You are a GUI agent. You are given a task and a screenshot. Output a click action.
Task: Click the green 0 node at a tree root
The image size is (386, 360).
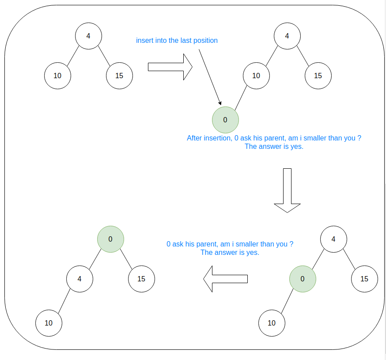pyautogui.click(x=110, y=239)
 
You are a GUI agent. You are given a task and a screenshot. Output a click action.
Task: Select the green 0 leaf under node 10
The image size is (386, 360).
pyautogui.click(x=225, y=120)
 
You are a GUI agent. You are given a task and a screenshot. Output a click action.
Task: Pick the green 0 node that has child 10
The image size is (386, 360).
pyautogui.click(x=303, y=279)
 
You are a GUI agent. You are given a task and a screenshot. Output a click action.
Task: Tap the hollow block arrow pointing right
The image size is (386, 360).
pyautogui.click(x=170, y=67)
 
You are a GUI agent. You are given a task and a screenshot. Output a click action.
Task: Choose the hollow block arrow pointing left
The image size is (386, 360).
pyautogui.click(x=225, y=279)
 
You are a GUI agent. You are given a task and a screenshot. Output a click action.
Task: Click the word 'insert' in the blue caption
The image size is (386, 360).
pyautogui.click(x=144, y=41)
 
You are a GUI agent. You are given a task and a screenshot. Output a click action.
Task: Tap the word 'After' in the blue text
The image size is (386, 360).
pyautogui.click(x=194, y=138)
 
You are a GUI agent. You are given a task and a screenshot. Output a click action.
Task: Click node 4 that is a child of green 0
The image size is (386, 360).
pyautogui.click(x=79, y=279)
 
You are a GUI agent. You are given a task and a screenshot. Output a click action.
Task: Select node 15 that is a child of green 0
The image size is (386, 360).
pyautogui.click(x=141, y=279)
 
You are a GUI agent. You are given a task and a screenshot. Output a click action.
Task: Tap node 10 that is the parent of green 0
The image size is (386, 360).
pyautogui.click(x=256, y=76)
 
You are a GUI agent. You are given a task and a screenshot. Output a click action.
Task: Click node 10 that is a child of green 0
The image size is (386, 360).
pyautogui.click(x=272, y=323)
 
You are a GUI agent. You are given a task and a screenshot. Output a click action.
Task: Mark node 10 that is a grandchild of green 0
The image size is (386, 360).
pyautogui.click(x=49, y=323)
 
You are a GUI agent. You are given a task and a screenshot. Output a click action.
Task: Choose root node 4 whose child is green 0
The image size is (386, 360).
pyautogui.click(x=333, y=239)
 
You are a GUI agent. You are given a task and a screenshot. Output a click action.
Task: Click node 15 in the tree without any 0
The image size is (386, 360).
pyautogui.click(x=119, y=76)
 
